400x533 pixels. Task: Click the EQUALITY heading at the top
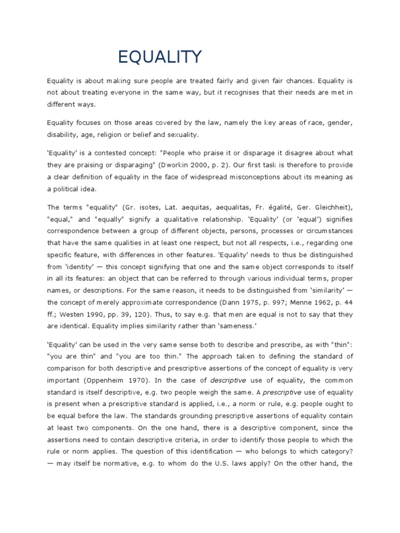tap(159, 57)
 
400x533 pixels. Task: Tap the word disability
tap(62, 135)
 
